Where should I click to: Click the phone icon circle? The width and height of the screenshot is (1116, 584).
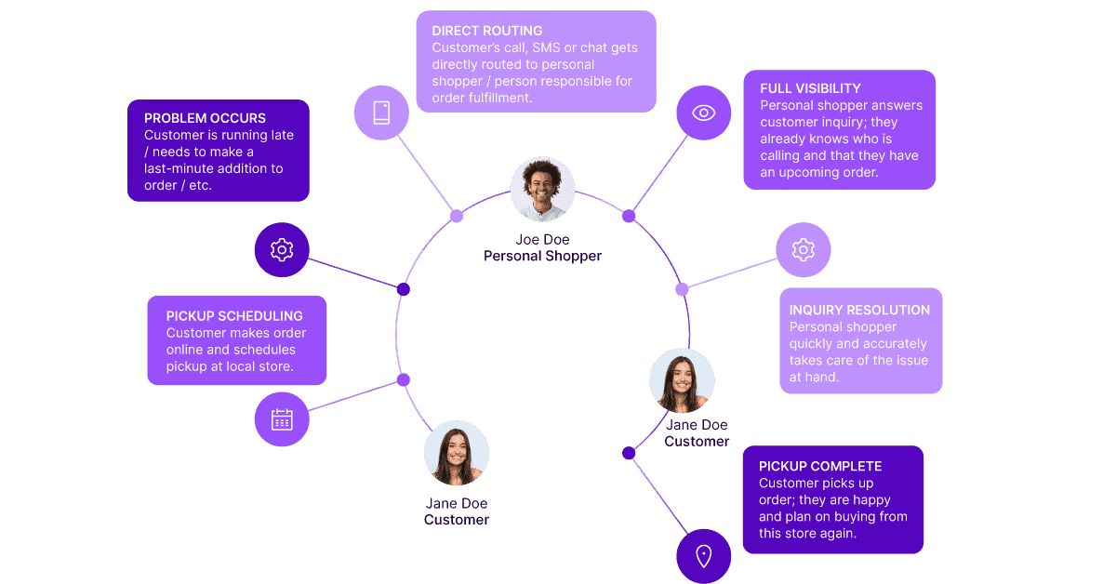tap(381, 113)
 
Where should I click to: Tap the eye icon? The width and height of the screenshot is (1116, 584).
tap(704, 113)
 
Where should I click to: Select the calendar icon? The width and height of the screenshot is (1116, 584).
tap(282, 419)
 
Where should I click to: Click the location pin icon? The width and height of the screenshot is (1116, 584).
tap(704, 556)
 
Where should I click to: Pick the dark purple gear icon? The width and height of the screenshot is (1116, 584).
tap(282, 249)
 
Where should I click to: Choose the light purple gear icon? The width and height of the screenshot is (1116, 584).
tap(804, 249)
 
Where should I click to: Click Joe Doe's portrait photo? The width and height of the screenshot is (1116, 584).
tap(542, 190)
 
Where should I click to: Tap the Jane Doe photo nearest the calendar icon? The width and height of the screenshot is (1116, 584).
tap(457, 453)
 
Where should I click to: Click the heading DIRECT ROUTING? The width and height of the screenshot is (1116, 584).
tap(487, 31)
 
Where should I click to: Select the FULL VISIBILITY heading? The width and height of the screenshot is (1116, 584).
tap(810, 88)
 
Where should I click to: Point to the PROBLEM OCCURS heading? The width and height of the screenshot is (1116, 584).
tap(205, 118)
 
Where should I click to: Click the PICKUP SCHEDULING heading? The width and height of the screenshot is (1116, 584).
tap(234, 316)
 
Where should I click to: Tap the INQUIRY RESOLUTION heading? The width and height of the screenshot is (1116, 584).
tap(859, 310)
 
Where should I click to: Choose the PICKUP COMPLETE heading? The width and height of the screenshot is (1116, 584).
tap(820, 466)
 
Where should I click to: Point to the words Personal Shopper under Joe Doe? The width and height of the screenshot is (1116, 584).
tap(542, 256)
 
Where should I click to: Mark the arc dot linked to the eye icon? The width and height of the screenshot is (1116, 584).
tap(629, 216)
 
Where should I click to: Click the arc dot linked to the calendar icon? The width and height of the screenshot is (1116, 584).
tap(404, 379)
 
